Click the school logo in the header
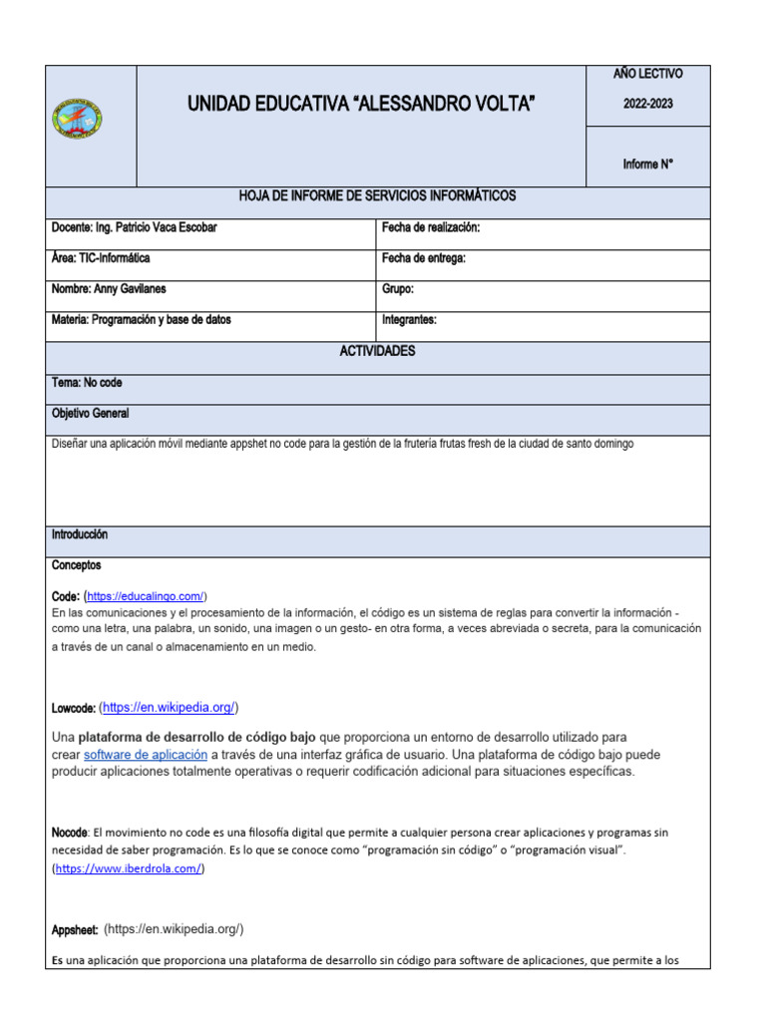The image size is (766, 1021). pos(77,119)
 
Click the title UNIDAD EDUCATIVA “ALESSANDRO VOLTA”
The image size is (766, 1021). pos(360,104)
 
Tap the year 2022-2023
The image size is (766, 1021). pos(648,104)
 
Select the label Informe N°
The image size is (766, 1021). pos(648,165)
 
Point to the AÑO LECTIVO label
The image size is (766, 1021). pos(648,74)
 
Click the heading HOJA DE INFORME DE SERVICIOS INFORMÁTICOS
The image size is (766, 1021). pos(377,195)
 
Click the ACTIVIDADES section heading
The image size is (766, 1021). pos(377,352)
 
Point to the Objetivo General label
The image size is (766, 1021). pos(90,413)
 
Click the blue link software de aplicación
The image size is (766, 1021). pos(146,755)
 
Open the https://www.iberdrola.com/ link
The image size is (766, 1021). pos(129,868)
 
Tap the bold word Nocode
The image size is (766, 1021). pos(70,832)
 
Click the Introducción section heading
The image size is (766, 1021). pos(80,535)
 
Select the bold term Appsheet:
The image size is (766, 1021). pos(74,929)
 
